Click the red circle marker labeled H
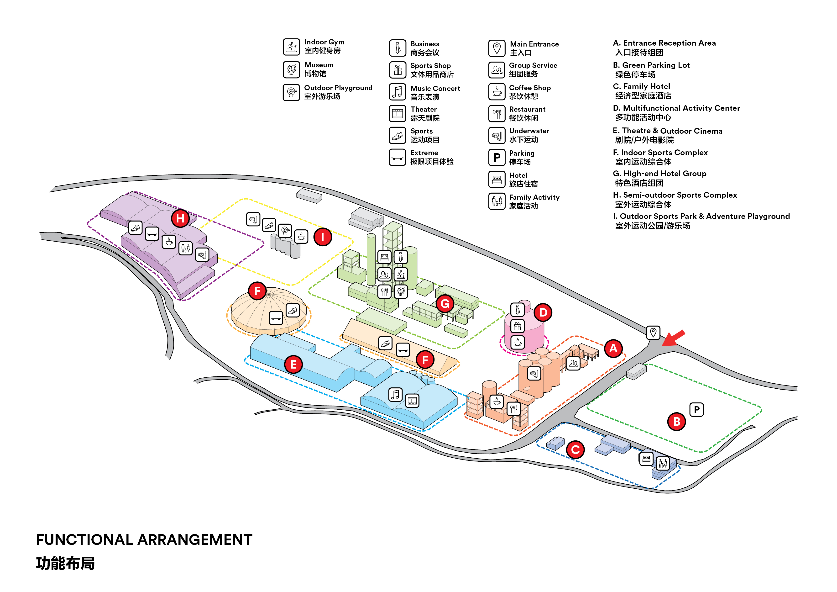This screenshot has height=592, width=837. (180, 218)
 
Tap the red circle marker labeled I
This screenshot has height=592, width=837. (323, 237)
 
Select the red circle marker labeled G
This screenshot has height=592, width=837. (445, 303)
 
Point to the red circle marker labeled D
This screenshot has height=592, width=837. (543, 313)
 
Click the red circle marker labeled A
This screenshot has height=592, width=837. (613, 348)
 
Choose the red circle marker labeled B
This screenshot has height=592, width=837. (677, 422)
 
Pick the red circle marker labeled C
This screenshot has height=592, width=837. (575, 450)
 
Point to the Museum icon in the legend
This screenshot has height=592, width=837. (291, 69)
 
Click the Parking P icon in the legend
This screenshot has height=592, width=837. (497, 158)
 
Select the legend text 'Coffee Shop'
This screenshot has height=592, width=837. (530, 88)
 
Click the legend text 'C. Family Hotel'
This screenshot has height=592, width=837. (641, 86)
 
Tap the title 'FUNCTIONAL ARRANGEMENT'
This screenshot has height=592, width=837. (144, 539)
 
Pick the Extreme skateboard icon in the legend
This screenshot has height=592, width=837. (397, 158)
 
